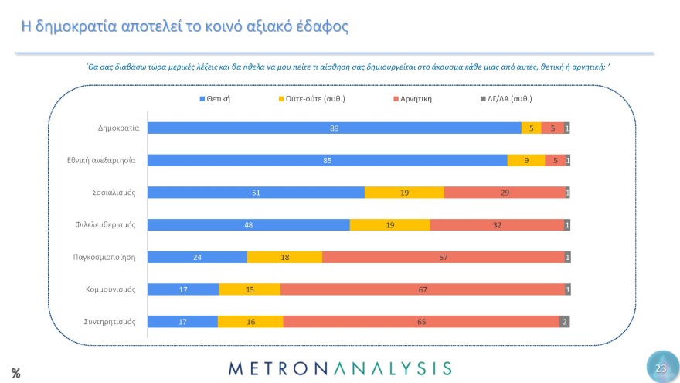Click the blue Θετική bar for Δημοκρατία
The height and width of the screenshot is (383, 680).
point(334,128)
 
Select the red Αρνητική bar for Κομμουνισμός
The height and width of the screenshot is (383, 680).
point(423,289)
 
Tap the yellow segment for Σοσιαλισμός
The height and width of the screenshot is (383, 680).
point(404,193)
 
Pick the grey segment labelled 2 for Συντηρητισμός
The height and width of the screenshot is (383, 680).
point(564,321)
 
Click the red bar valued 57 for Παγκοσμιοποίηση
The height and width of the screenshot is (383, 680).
point(443,257)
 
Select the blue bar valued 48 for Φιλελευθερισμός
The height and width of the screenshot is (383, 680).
point(248,225)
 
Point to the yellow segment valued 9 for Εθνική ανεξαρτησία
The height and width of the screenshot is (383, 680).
point(525,161)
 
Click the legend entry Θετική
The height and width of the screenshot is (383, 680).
point(216,99)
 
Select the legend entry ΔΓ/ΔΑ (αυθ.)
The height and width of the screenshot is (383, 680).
point(506,99)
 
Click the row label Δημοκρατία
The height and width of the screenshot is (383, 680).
point(117,128)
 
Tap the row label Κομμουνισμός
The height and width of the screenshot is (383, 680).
point(110,289)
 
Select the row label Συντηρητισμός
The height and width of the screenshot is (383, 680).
point(110,321)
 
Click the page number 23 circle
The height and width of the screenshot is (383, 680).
point(661,368)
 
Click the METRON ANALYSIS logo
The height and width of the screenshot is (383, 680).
point(340,368)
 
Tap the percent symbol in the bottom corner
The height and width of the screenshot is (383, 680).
point(15,374)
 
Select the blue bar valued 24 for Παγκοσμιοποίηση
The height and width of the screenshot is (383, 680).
point(197,257)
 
